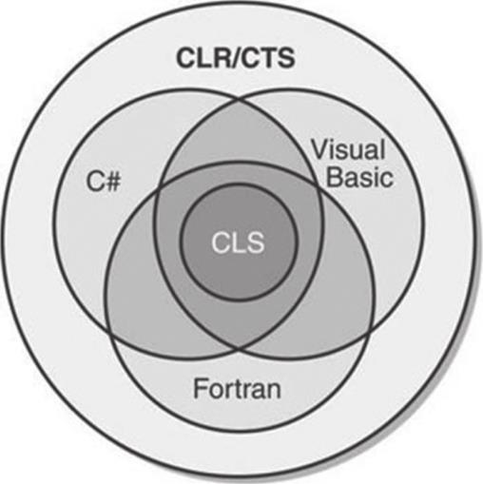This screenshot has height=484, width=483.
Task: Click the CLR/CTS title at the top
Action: (236, 58)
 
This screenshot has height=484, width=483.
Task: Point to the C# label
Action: (104, 182)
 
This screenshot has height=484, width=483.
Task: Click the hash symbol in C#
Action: (112, 182)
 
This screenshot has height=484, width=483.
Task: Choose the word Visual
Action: (348, 149)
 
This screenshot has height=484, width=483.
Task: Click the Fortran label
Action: (237, 388)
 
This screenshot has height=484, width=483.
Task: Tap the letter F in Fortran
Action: (200, 388)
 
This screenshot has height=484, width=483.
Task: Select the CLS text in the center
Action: (238, 242)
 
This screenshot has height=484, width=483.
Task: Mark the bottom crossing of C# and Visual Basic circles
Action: (239, 349)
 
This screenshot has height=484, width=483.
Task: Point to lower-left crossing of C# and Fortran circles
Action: (110, 332)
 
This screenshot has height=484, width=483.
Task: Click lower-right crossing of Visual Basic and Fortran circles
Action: (370, 332)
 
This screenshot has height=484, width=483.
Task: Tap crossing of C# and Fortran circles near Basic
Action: (317, 184)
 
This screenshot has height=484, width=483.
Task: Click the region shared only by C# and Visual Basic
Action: (239, 136)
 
